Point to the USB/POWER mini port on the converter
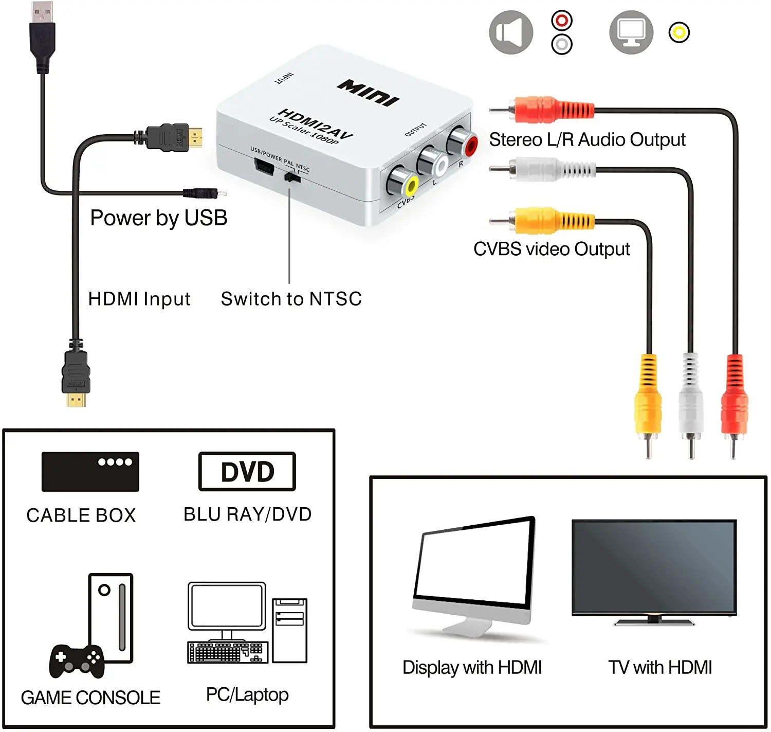tap(264, 167)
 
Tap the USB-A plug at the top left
tap(42, 33)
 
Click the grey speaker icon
tap(510, 32)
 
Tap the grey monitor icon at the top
tap(631, 32)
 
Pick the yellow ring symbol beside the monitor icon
tap(678, 32)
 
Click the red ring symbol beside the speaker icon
tap(561, 21)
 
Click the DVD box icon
tap(247, 471)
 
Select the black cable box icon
tap(90, 471)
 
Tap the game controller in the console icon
tap(77, 660)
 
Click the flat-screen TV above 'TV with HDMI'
tap(654, 568)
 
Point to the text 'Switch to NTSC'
tap(291, 299)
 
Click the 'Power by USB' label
tap(158, 218)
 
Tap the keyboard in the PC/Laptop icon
tap(228, 652)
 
